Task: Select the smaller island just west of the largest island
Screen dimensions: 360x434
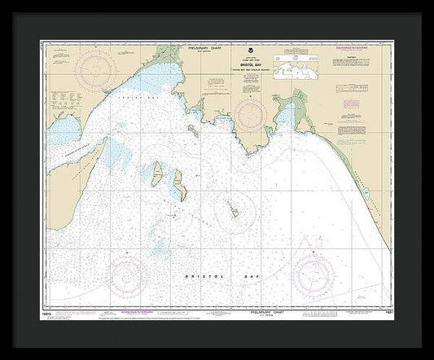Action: click(x=155, y=171)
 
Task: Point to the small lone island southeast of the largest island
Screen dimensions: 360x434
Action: click(x=233, y=210)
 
